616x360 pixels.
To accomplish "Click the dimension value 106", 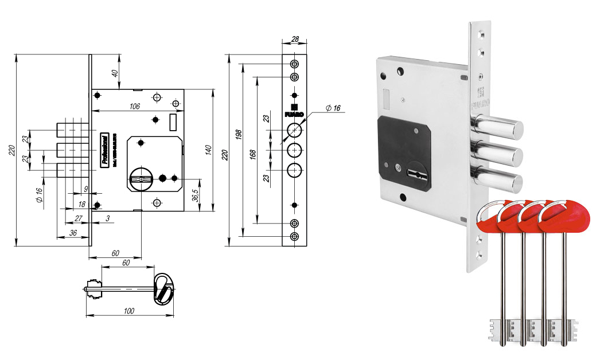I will (135, 106).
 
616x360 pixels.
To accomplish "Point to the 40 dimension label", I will (115, 73).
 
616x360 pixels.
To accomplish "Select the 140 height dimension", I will (212, 151).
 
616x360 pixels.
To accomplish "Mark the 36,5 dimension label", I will (196, 195).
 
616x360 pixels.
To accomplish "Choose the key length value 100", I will (128, 311).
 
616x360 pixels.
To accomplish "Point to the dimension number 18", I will (82, 204).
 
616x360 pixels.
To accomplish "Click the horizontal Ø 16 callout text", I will (333, 108).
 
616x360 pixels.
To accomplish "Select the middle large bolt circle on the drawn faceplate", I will (295, 150).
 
